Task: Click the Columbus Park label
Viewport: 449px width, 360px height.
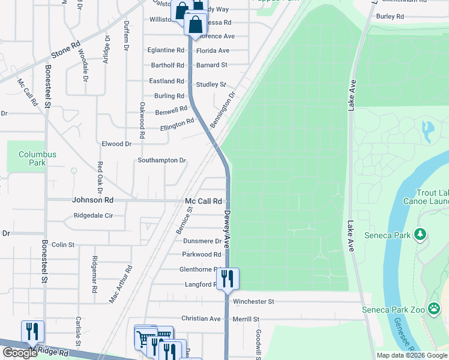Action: [37, 158]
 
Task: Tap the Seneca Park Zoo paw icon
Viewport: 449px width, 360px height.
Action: [435, 309]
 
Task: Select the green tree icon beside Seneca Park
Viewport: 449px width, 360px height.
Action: [421, 233]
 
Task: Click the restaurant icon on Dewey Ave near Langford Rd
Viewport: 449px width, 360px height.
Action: [228, 279]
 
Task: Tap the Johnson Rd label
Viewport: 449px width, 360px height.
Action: [92, 200]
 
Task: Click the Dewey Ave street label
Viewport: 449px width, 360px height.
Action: [228, 229]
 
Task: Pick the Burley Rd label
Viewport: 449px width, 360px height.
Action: [390, 16]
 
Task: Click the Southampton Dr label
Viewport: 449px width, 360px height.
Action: [161, 160]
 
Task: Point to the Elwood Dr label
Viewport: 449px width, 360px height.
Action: [116, 144]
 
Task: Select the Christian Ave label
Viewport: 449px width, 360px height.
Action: [201, 319]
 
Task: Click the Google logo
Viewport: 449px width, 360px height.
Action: [20, 352]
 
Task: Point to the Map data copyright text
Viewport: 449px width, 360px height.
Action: [411, 355]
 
